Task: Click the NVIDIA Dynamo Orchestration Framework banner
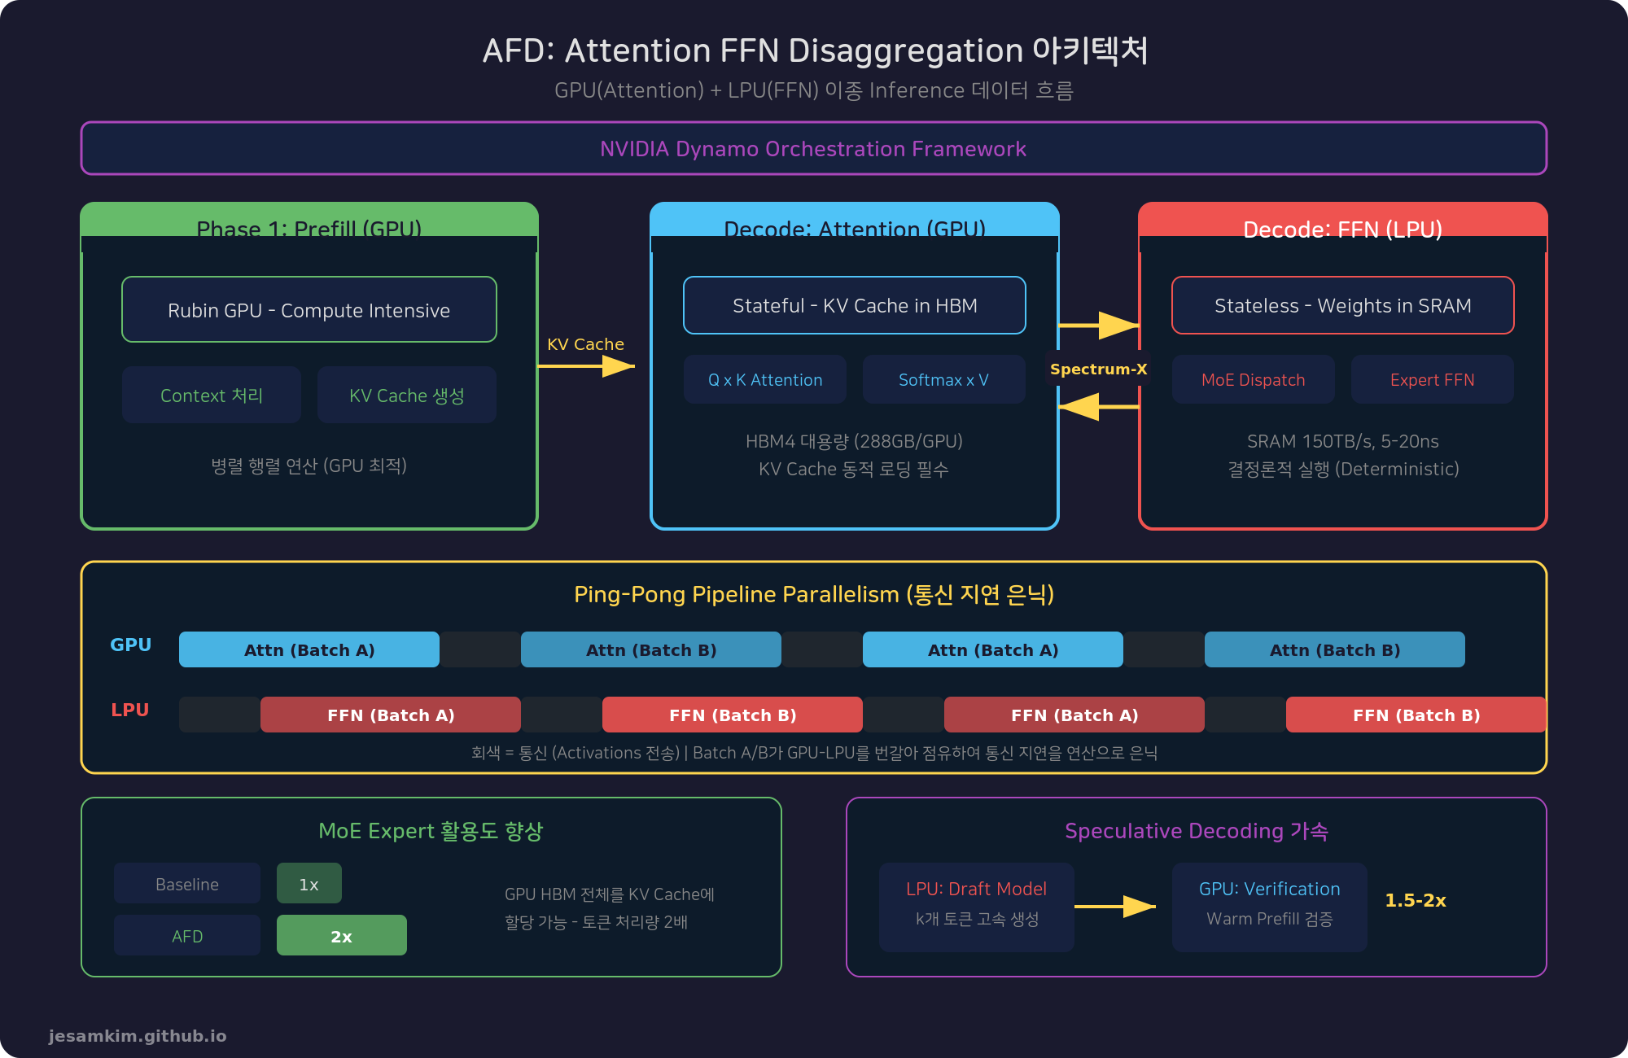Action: tap(814, 148)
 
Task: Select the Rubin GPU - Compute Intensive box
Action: tap(309, 310)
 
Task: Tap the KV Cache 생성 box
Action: tap(407, 395)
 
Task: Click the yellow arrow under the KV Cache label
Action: tap(586, 367)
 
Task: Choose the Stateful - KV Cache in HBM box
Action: tap(855, 305)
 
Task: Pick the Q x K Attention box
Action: tap(765, 379)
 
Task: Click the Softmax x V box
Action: tap(944, 379)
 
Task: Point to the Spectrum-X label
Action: tap(1098, 369)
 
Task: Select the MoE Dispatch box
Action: tap(1254, 379)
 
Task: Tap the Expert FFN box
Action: tap(1433, 379)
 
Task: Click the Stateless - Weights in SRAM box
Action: tap(1343, 305)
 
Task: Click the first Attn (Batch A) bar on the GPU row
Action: tap(309, 649)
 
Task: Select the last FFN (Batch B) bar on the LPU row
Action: tap(1416, 715)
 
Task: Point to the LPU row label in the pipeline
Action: tap(130, 710)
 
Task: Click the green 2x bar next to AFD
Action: tap(342, 936)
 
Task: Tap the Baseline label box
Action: tap(187, 884)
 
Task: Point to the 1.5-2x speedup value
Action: tap(1416, 900)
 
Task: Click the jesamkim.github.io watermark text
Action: tap(138, 1036)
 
